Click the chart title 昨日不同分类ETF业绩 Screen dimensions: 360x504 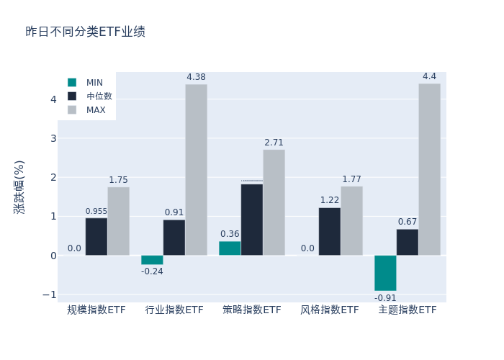pyautogui.click(x=85, y=32)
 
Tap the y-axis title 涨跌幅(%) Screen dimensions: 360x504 pyautogui.click(x=19, y=186)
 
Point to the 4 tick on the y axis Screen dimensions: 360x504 pyautogui.click(x=53, y=99)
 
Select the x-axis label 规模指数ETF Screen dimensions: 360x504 pyautogui.click(x=96, y=310)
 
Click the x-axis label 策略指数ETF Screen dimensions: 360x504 pyautogui.click(x=252, y=310)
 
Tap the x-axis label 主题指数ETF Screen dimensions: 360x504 pyautogui.click(x=408, y=310)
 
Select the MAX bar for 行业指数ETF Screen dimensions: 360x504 pyautogui.click(x=196, y=170)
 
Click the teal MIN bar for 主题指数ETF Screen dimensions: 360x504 pyautogui.click(x=385, y=273)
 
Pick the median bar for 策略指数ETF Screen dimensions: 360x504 pyautogui.click(x=252, y=220)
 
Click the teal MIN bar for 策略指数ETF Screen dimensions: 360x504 pyautogui.click(x=230, y=248)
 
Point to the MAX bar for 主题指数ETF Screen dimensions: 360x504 pyautogui.click(x=429, y=169)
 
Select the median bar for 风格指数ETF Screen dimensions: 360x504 pyautogui.click(x=330, y=231)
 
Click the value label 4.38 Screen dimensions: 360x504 pyautogui.click(x=196, y=77)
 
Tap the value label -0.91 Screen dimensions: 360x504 pyautogui.click(x=385, y=298)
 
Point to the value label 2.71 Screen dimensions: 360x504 pyautogui.click(x=274, y=143)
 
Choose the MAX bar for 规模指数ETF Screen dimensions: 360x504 pyautogui.click(x=118, y=221)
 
